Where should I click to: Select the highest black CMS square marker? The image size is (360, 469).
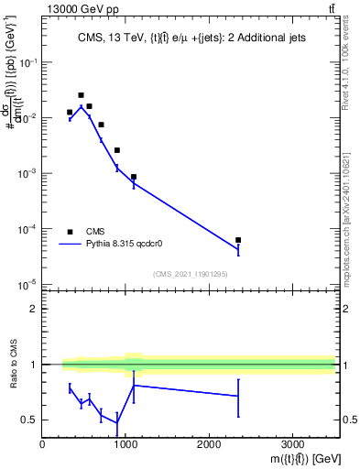point(81,95)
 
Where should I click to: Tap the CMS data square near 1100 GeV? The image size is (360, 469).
point(134,177)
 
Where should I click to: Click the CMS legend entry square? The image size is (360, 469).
point(70,231)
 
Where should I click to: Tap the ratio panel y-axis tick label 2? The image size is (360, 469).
point(33,309)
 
